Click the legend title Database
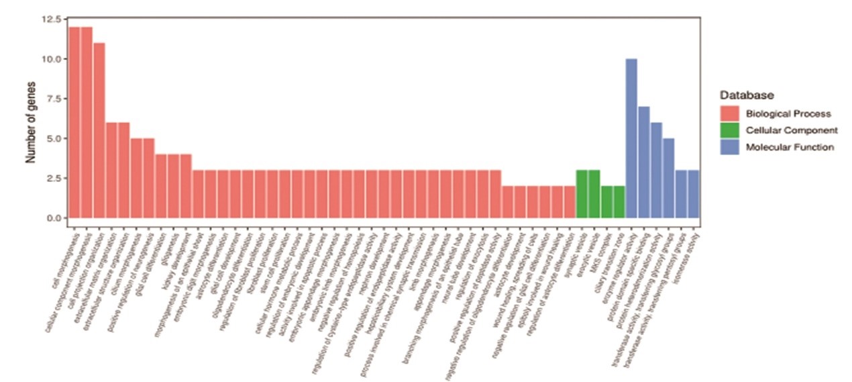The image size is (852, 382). point(743,96)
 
